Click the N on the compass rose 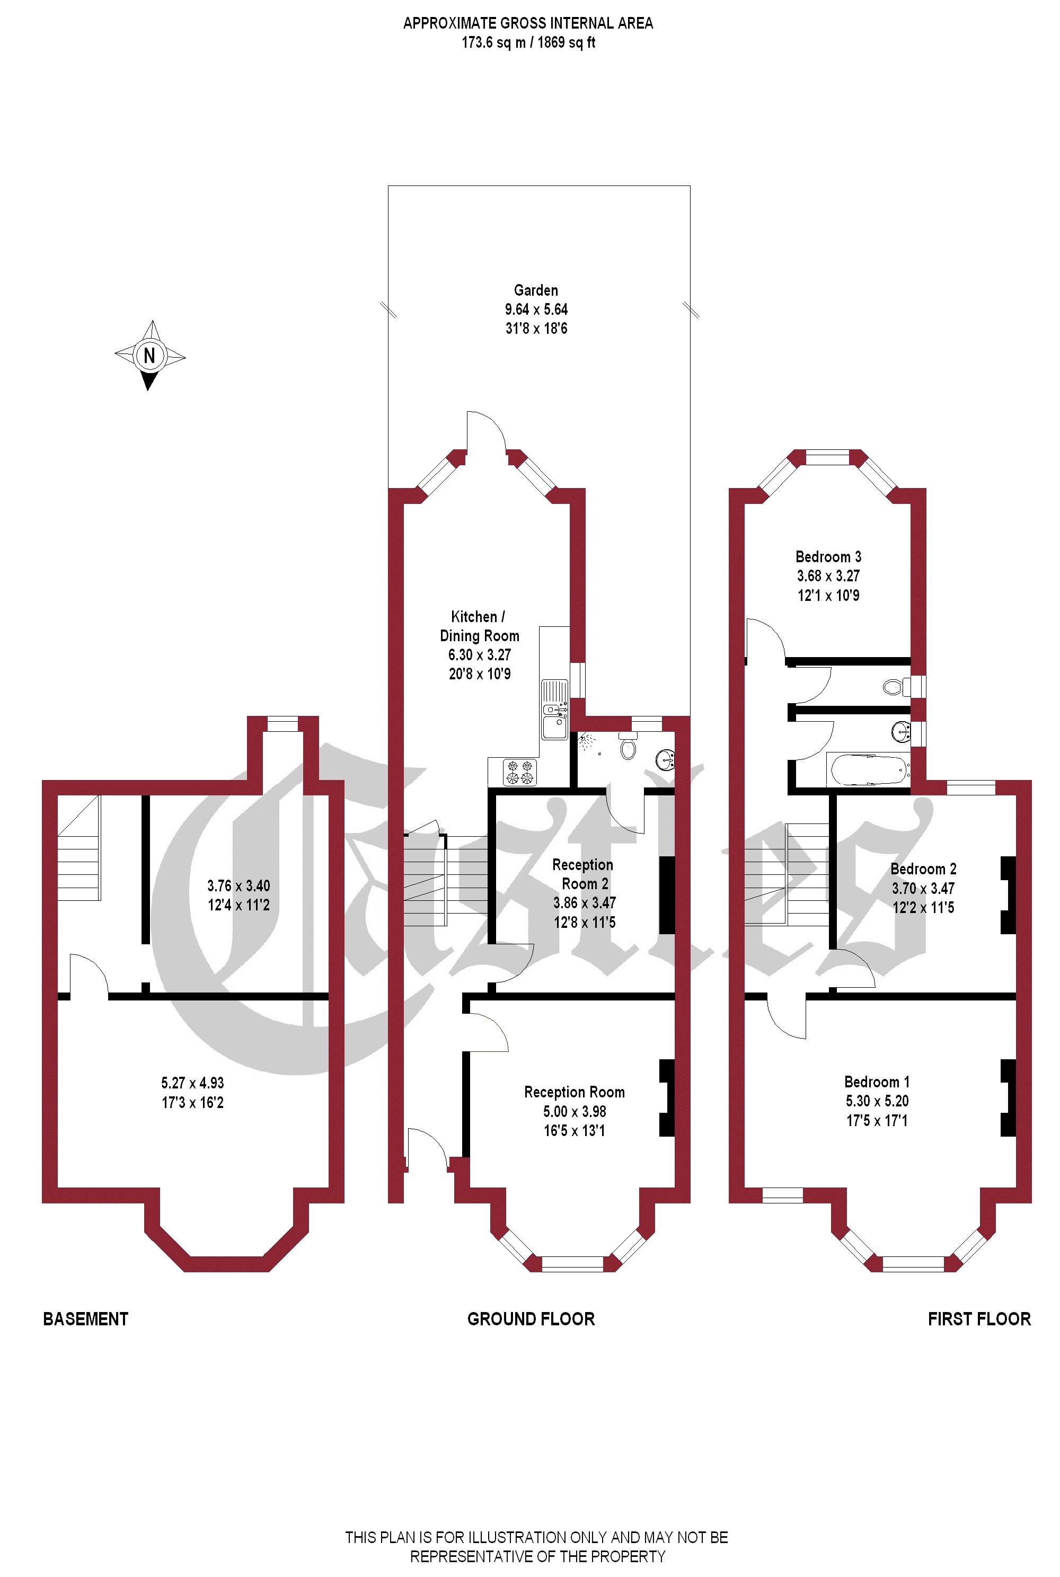[149, 355]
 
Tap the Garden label [536, 290]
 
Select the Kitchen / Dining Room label [479, 626]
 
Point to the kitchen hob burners [520, 772]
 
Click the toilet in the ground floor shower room [629, 746]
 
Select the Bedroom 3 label [828, 556]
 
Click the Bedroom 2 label [923, 869]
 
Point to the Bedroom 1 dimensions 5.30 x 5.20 [877, 1101]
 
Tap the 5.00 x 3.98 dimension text [575, 1111]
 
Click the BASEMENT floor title [86, 1319]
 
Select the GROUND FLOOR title [532, 1319]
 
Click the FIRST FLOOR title [979, 1319]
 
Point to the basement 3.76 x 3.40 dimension [238, 885]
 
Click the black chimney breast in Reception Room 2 [667, 896]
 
